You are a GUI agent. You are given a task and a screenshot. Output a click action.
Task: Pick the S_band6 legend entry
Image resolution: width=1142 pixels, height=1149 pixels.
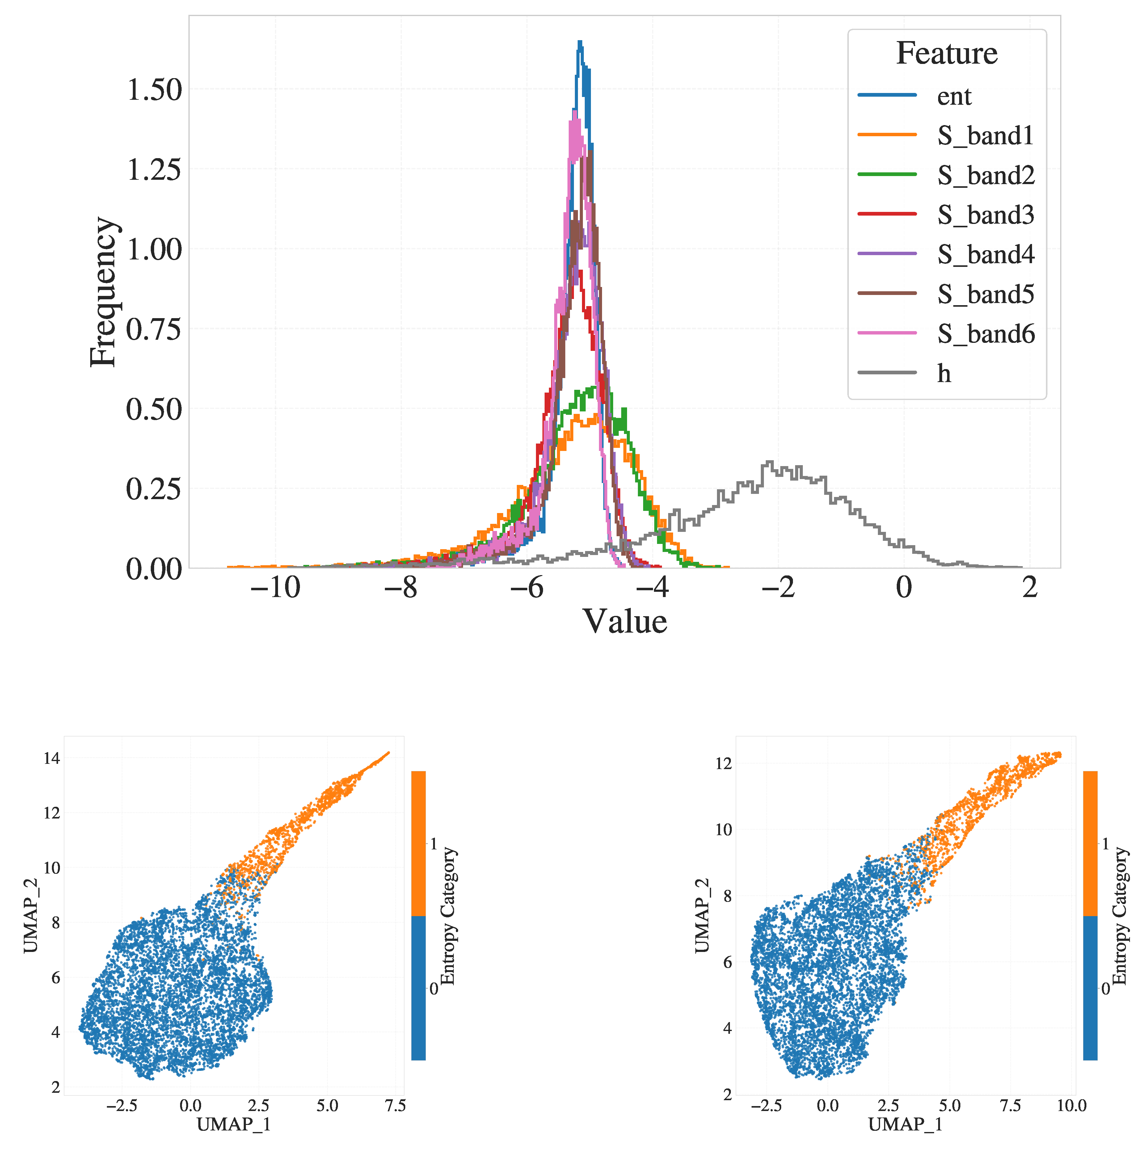[x=986, y=334]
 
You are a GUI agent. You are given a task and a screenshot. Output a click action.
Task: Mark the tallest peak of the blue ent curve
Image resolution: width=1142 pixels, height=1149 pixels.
[x=580, y=42]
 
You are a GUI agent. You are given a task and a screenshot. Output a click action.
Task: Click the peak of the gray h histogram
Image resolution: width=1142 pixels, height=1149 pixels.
[x=770, y=461]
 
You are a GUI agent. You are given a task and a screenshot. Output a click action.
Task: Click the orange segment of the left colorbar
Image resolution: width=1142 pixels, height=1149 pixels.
[x=418, y=843]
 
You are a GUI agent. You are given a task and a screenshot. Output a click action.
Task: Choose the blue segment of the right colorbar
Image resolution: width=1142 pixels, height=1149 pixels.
[x=1090, y=987]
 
